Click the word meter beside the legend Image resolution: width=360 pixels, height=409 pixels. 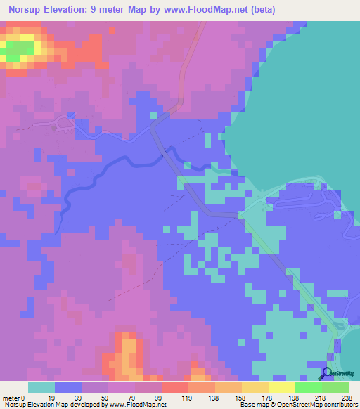coord(11,397)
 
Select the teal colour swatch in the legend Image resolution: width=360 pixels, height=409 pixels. coord(41,387)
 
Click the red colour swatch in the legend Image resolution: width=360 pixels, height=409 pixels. coord(175,387)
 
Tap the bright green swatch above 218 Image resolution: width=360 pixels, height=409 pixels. coord(309,387)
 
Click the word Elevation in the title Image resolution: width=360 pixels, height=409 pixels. coord(69,10)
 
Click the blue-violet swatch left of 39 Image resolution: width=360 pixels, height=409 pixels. coord(68,387)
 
